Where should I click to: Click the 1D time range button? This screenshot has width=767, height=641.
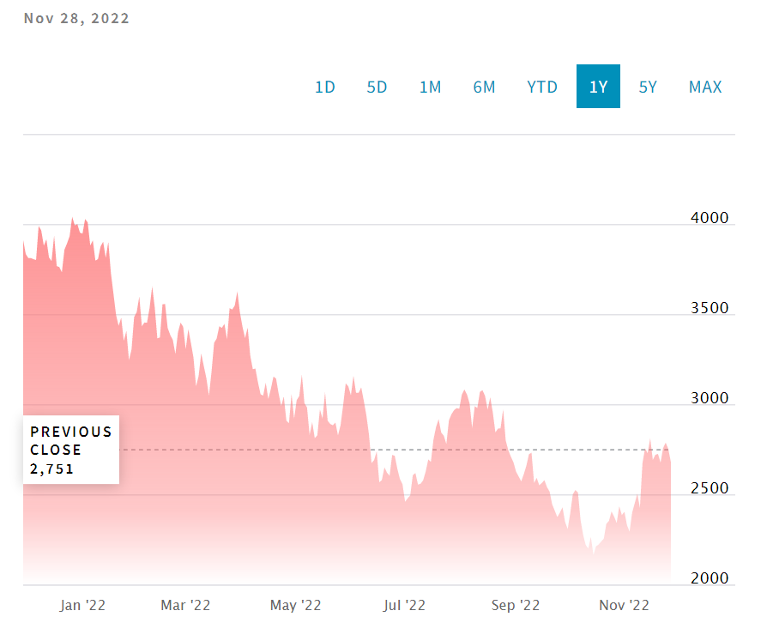[324, 87]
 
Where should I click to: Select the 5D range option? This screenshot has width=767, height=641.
[377, 87]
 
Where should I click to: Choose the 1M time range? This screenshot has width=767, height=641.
[430, 87]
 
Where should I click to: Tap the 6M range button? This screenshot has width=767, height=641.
[484, 87]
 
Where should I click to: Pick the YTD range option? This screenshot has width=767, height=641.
[542, 87]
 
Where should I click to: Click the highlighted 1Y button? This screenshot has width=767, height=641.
[598, 87]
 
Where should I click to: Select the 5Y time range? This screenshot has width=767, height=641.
[648, 87]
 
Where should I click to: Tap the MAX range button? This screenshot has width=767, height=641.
[705, 87]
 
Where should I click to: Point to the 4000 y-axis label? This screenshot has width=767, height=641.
[710, 218]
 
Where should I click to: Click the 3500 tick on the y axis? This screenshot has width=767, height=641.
[710, 308]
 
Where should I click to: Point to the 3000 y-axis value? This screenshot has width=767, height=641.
[710, 398]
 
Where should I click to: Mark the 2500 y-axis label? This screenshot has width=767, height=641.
[710, 488]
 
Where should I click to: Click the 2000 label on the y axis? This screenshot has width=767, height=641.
[710, 578]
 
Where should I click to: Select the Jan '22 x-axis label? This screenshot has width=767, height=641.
[82, 605]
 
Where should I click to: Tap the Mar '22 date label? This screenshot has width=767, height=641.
[185, 605]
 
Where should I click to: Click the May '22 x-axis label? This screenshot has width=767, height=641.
[295, 605]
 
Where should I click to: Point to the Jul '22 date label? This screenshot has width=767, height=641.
[403, 605]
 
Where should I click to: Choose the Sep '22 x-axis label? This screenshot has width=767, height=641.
[515, 605]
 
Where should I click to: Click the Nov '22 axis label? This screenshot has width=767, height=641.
[624, 605]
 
